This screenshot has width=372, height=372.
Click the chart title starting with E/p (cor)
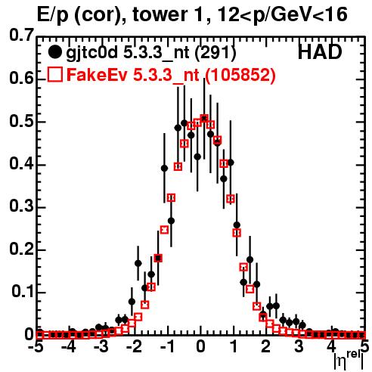[192, 14]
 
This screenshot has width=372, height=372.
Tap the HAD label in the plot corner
[320, 52]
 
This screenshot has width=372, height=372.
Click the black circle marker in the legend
[54, 52]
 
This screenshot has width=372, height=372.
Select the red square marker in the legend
[54, 74]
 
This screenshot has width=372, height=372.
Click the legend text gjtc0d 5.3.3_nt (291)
[150, 53]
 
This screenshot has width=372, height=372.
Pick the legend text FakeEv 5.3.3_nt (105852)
[171, 75]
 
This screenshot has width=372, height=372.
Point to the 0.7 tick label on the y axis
[21, 35]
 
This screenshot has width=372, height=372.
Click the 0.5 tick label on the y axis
[21, 122]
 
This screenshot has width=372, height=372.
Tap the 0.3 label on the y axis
[21, 206]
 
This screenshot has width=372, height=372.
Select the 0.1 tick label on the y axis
[22, 291]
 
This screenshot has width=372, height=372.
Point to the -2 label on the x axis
[135, 346]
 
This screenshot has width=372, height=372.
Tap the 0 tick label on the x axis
[200, 346]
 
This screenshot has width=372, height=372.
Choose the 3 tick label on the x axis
[299, 346]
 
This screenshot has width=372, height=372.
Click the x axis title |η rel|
[349, 360]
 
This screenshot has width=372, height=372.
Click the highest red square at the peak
[204, 118]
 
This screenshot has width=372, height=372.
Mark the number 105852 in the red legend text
[240, 75]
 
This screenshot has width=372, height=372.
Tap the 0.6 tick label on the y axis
[21, 78]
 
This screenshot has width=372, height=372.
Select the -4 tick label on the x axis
[69, 346]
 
